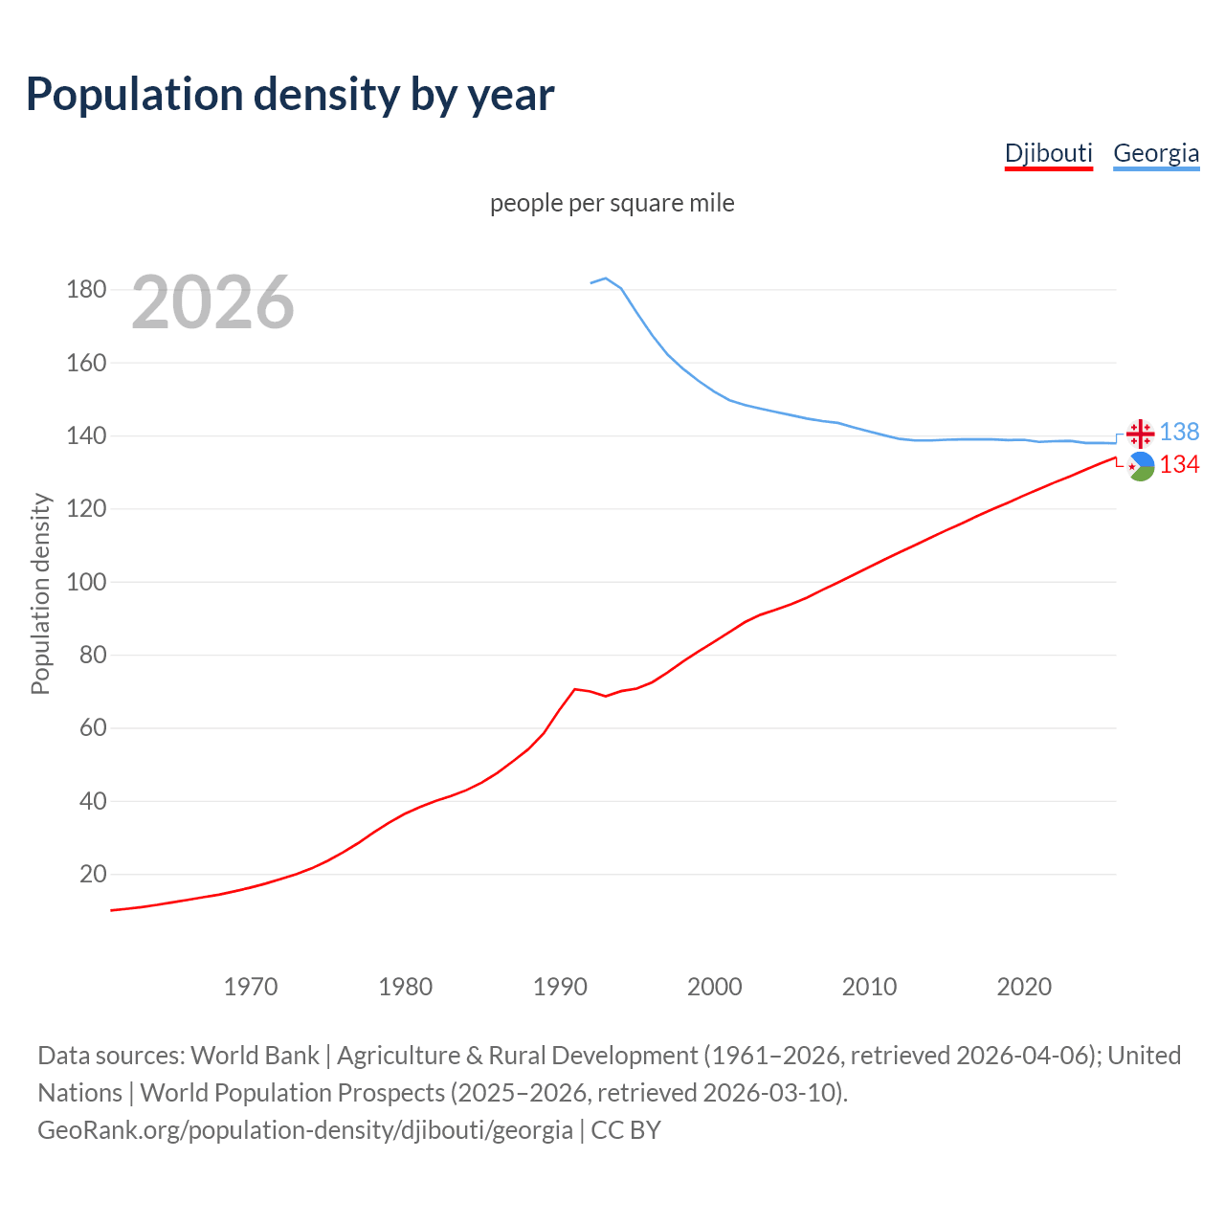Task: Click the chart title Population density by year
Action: point(290,95)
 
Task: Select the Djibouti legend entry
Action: point(1048,153)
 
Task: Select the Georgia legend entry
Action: point(1156,153)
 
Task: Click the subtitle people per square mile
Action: point(612,204)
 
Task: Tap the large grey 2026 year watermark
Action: point(212,302)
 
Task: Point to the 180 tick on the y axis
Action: point(86,289)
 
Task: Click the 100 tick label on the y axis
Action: point(86,582)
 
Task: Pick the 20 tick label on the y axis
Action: point(93,874)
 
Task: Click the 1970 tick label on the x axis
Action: point(251,987)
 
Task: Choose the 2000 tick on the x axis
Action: point(715,987)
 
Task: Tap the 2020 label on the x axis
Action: point(1024,987)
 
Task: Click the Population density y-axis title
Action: point(40,593)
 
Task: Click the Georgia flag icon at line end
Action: point(1140,434)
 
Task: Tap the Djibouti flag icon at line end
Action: point(1140,467)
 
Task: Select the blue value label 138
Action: point(1179,433)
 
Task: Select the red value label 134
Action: point(1179,465)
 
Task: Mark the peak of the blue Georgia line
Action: point(606,278)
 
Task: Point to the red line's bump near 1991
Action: point(575,689)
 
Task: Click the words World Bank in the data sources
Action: point(255,1056)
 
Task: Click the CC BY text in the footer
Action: point(626,1130)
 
